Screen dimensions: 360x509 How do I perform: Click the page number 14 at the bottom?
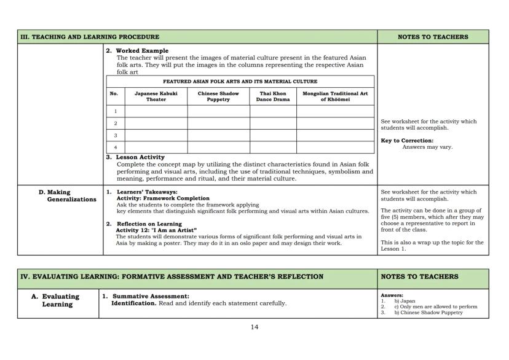(x=254, y=327)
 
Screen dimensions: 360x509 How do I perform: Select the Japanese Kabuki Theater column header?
(x=156, y=96)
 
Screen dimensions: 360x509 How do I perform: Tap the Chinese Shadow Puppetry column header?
(x=218, y=96)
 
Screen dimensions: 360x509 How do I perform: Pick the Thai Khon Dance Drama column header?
(x=273, y=96)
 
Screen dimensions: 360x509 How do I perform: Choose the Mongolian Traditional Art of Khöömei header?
(x=335, y=96)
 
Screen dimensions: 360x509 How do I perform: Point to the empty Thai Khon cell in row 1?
(x=273, y=111)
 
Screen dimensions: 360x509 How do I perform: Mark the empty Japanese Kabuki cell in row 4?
(x=156, y=147)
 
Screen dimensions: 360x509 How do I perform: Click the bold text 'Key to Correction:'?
(x=407, y=141)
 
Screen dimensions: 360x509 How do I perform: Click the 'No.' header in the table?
(x=114, y=94)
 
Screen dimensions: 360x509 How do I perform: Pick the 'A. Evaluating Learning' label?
(x=57, y=300)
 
